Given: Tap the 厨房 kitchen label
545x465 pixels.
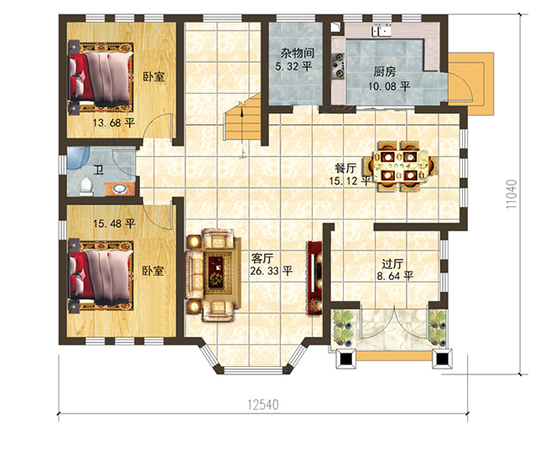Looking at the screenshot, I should (x=387, y=71).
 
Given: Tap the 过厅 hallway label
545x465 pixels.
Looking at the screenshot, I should (x=392, y=264).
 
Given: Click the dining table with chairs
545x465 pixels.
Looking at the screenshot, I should (x=397, y=164).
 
